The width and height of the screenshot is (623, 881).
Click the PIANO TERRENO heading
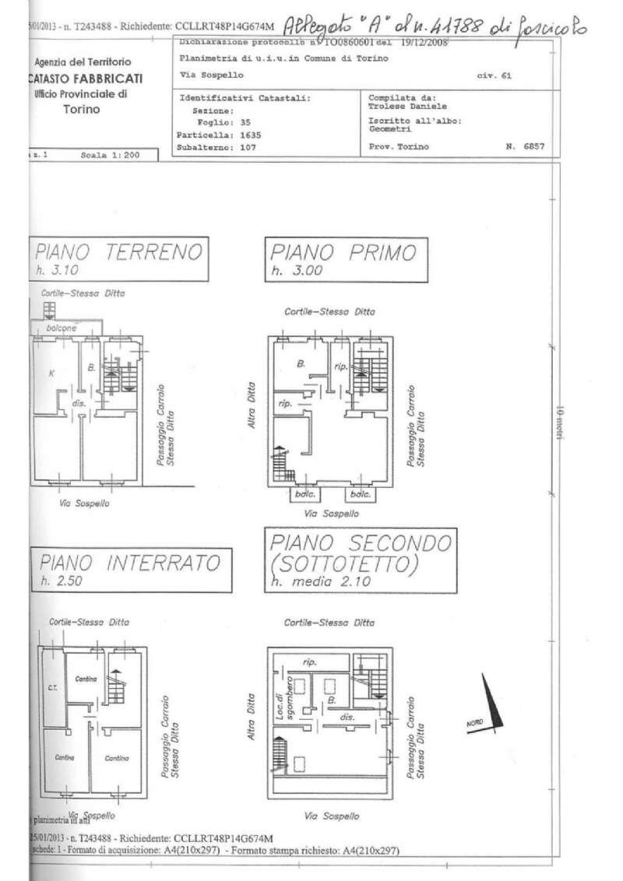pos(117,253)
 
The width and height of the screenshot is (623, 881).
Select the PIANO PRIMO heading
pos(343,253)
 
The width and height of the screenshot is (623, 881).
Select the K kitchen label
pos(51,373)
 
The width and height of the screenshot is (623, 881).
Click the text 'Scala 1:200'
pos(109,155)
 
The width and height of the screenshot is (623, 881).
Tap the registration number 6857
pos(533,146)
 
